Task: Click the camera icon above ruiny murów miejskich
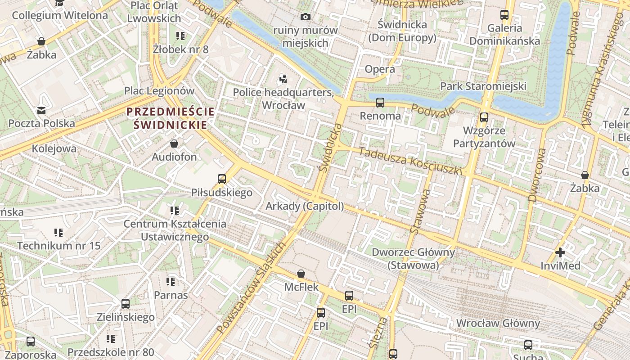coord(306,17)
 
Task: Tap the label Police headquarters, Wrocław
coord(283,99)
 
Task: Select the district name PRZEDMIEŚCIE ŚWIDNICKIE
coord(171,118)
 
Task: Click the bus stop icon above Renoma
coord(380,103)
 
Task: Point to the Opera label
coord(380,69)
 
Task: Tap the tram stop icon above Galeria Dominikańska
coord(504,15)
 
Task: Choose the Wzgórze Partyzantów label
coord(484,137)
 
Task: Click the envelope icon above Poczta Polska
coord(41,110)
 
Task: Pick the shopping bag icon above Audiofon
coord(174,144)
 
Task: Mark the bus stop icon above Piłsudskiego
coord(222,179)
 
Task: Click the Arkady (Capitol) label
coord(305,206)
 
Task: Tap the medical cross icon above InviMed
coord(560,252)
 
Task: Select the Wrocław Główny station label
coord(498,323)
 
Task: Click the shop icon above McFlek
coord(301,274)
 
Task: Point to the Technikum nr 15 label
coord(58,246)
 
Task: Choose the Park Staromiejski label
coord(483,86)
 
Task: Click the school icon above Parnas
coord(171,282)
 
